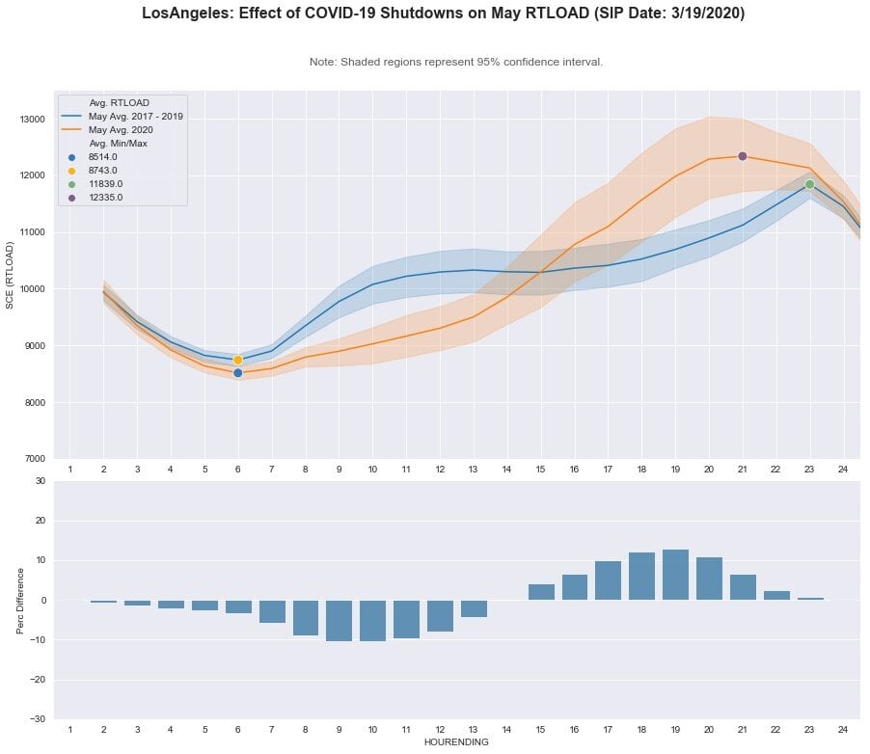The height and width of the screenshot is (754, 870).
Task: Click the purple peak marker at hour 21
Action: [743, 156]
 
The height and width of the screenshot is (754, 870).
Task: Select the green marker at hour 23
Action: [809, 184]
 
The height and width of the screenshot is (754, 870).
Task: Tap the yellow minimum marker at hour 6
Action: [238, 360]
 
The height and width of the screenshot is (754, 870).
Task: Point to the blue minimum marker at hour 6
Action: [238, 372]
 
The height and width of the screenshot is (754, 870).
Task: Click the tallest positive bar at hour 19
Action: [675, 575]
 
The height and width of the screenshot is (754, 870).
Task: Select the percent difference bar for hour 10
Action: [372, 620]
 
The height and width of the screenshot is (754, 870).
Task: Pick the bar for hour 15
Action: [541, 592]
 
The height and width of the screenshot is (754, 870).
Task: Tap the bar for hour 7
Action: [272, 611]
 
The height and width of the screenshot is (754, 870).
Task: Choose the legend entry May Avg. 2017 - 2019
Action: [135, 116]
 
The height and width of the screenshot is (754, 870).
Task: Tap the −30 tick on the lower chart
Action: [38, 719]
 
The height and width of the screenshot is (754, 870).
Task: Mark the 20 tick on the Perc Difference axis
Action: [41, 521]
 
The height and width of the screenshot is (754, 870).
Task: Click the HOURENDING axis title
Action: [455, 742]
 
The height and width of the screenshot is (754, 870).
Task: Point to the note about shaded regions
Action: [455, 62]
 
